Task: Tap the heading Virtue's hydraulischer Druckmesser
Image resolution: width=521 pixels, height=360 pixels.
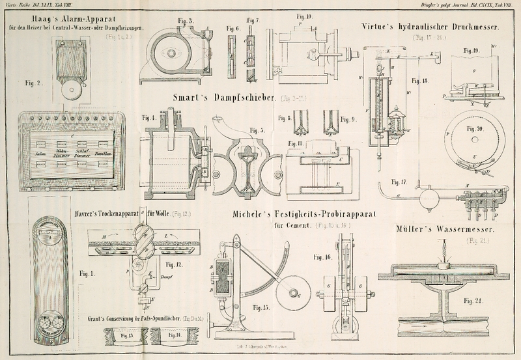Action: (x=430, y=27)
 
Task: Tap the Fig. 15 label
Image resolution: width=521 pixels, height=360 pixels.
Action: (x=262, y=307)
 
